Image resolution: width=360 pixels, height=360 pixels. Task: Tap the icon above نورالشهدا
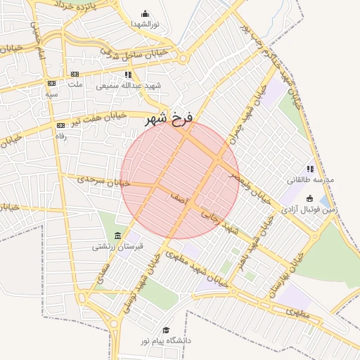(145, 13)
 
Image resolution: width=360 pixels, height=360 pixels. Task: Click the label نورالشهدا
(145, 24)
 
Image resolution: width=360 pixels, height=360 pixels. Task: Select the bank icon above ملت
(74, 74)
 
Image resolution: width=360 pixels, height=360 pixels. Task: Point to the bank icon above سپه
(51, 84)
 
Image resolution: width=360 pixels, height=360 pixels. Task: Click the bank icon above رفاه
(60, 125)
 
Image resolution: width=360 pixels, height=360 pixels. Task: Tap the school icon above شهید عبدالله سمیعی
(127, 75)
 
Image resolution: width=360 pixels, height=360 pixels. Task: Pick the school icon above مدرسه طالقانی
(310, 169)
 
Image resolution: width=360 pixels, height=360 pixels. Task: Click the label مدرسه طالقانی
(310, 179)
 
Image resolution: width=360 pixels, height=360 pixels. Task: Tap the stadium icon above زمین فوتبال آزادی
(310, 198)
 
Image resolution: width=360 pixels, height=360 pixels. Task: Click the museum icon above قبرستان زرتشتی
(117, 236)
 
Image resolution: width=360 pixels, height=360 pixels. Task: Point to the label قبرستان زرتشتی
(117, 247)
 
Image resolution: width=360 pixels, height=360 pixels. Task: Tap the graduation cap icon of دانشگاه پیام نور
(166, 330)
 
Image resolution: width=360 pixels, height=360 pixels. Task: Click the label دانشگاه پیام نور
(166, 340)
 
